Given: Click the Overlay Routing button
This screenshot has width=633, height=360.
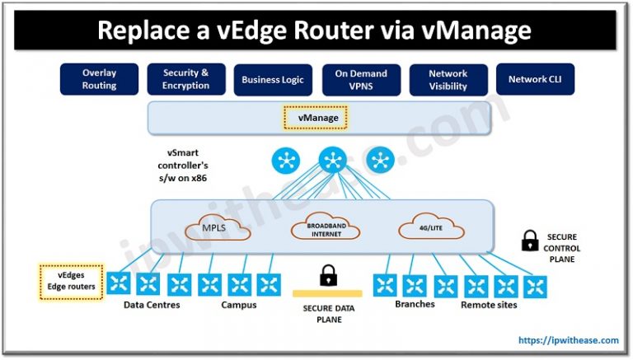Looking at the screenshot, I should (x=99, y=79).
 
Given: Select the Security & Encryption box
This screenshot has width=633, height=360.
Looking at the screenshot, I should (x=186, y=79).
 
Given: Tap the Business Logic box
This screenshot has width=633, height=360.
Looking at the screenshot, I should (x=273, y=80).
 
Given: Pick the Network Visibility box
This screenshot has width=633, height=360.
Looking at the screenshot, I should (x=448, y=79).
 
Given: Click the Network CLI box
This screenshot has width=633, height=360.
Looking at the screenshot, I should (x=534, y=80).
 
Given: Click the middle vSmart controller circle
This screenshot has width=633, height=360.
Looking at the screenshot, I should (x=332, y=159).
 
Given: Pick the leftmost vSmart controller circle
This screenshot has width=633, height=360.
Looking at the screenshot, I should (x=286, y=160).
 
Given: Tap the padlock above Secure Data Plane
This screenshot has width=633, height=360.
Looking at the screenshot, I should (x=329, y=274).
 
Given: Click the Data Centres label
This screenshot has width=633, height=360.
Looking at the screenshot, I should (x=152, y=305).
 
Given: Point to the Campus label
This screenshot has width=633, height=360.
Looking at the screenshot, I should (x=239, y=305).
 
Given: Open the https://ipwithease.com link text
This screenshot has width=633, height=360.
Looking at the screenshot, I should (x=569, y=339).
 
